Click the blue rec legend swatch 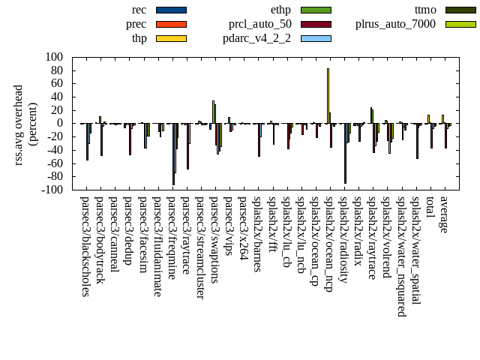(x=171, y=10)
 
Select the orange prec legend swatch (x=171, y=24)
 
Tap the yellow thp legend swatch (x=171, y=38)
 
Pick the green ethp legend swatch (x=316, y=10)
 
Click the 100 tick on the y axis (x=54, y=57)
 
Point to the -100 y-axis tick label (x=52, y=190)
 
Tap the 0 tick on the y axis (x=59, y=124)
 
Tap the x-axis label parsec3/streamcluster (x=201, y=247)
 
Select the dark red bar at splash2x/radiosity (x=345, y=153)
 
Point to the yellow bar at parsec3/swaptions (x=213, y=112)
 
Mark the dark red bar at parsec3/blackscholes (x=87, y=142)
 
